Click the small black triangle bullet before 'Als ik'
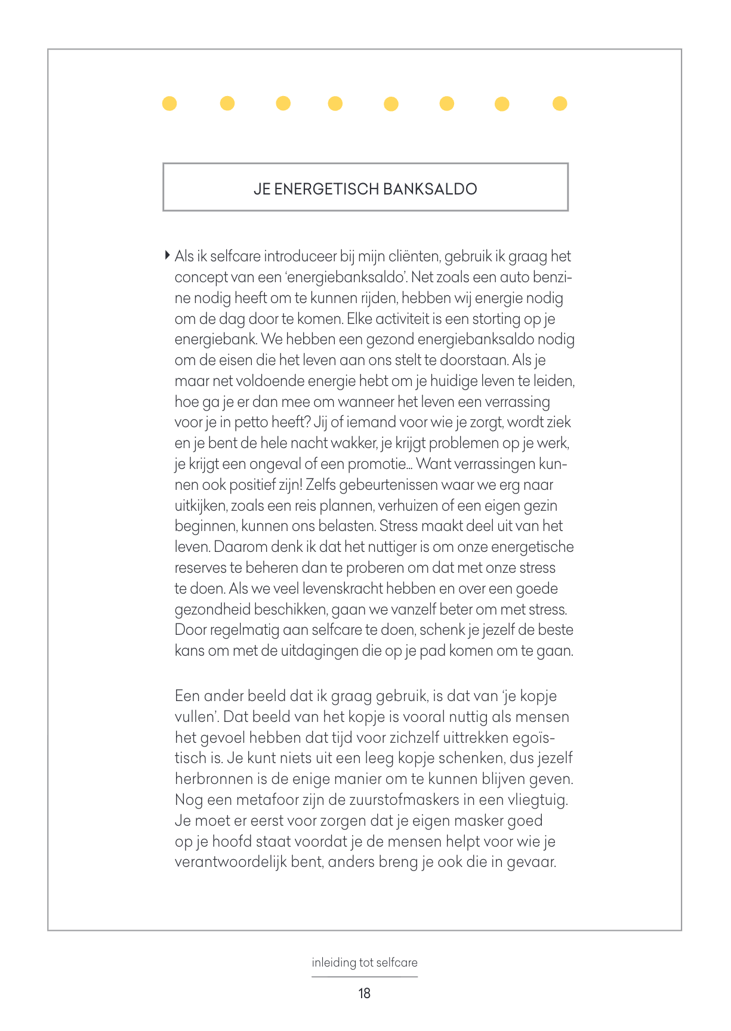[167, 255]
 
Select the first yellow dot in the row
[169, 104]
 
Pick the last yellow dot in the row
[560, 104]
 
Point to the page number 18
[365, 993]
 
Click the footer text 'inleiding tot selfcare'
[365, 962]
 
